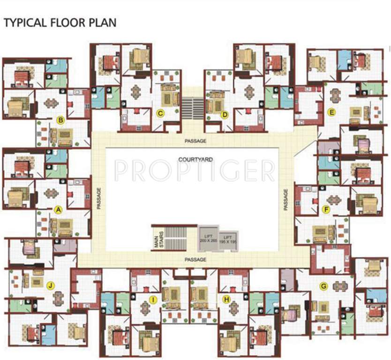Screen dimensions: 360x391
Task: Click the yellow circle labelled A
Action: (59, 210)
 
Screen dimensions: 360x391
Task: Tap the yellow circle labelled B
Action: (60, 120)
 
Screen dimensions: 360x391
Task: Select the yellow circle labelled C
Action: (160, 112)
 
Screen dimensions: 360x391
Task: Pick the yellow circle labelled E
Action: (331, 112)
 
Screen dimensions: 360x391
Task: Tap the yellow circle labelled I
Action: (152, 299)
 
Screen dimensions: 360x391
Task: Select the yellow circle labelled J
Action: (49, 285)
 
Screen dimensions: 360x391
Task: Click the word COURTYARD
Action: (195, 159)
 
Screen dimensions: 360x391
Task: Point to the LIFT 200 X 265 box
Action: (207, 238)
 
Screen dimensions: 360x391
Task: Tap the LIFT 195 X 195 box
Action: (228, 239)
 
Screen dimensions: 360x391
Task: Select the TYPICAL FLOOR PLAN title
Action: (60, 22)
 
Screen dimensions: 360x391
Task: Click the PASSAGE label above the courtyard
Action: (195, 141)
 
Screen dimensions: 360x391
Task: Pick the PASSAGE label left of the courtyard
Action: (99, 199)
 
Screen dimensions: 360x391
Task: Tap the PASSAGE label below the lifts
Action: (195, 259)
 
